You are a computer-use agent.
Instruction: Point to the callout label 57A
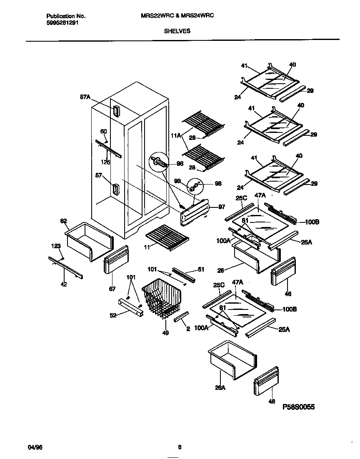click(x=85, y=97)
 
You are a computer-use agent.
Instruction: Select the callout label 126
click(x=106, y=162)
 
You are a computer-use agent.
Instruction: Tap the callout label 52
click(x=112, y=315)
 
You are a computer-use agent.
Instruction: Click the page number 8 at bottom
click(x=180, y=448)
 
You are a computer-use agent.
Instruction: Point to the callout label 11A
click(x=175, y=135)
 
